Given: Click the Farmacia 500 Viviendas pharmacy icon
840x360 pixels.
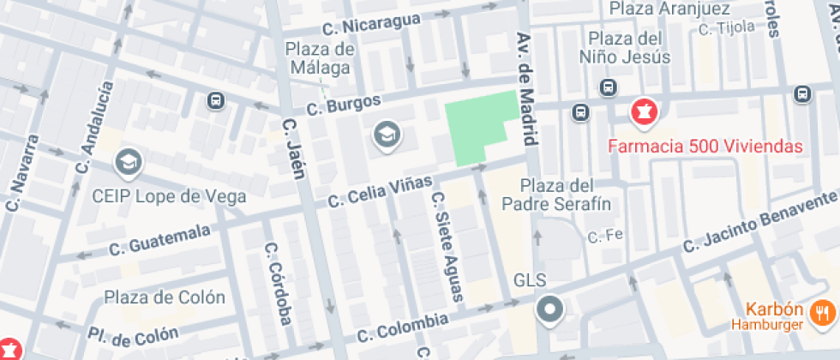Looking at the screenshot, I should coord(642,111).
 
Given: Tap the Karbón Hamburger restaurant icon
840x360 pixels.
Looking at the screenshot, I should coord(825,315).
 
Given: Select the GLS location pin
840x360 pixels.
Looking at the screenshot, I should coord(549,309).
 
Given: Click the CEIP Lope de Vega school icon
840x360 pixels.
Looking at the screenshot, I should coord(128,161).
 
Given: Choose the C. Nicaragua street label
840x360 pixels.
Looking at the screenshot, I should coord(373,21).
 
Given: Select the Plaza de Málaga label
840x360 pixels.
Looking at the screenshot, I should coord(320,57).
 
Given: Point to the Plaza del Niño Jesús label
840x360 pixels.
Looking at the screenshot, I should coord(628,48).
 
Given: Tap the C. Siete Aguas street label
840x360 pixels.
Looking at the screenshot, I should coord(447,246).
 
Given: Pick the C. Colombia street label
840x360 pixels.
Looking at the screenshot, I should coord(403,326).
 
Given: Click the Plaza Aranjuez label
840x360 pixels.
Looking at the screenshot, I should coord(669,9).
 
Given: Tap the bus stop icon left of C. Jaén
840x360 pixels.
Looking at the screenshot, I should coord(215,101).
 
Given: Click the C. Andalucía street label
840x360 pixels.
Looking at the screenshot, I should coord(94,129).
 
